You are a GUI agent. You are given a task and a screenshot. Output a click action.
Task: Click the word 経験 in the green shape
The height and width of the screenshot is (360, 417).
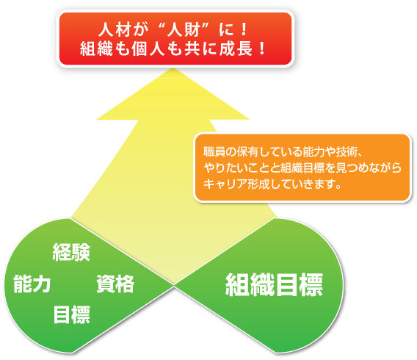click(x=71, y=252)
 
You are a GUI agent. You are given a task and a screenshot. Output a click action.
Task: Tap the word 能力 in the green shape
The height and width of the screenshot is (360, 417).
click(x=32, y=284)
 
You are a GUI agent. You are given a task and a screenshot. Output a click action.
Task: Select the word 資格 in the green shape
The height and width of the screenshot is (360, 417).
click(x=115, y=284)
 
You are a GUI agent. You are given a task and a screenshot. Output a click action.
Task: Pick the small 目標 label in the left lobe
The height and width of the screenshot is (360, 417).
click(x=72, y=314)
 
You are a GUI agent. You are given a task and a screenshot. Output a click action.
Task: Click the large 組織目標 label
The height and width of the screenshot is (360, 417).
click(x=274, y=285)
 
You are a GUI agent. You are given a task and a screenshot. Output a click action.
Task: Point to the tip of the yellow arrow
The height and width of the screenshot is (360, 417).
click(x=173, y=68)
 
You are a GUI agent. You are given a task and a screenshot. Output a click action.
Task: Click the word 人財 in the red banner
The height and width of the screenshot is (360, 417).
click(x=184, y=30)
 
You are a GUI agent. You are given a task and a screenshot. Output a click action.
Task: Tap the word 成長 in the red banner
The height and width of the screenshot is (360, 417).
click(x=236, y=48)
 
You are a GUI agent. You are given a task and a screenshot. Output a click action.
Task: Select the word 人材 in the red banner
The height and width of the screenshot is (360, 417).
click(x=115, y=30)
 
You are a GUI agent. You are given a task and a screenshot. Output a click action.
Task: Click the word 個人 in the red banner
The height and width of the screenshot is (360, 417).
click(x=148, y=48)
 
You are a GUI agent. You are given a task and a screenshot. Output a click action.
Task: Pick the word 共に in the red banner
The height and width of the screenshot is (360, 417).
click(x=200, y=48)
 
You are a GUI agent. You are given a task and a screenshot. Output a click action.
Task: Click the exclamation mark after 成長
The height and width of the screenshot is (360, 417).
click(x=262, y=48)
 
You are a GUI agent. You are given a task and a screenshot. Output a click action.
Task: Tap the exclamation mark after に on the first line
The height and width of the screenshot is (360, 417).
click(x=244, y=30)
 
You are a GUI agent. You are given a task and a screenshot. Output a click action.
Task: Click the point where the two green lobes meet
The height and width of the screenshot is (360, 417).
click(x=174, y=286)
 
